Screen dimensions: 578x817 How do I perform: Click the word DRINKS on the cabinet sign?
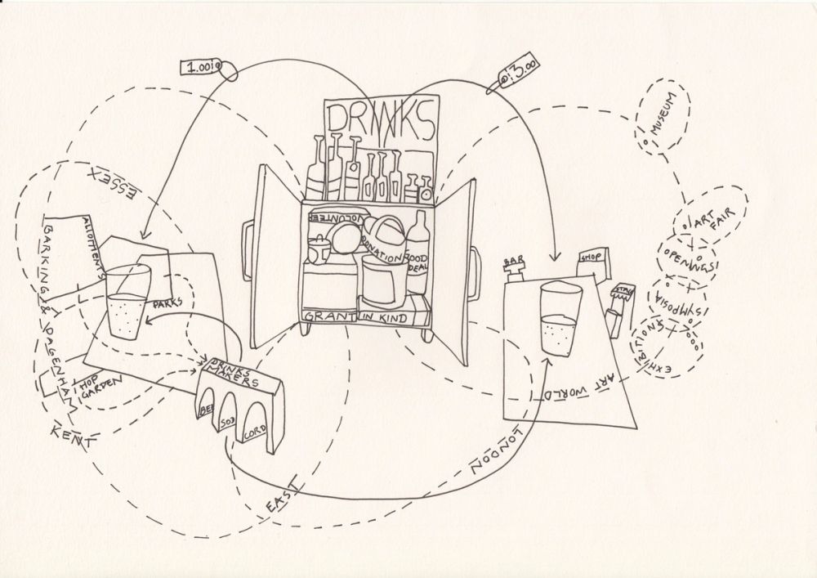point(382,121)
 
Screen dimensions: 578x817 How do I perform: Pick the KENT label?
point(71,436)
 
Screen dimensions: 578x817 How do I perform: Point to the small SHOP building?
point(590,262)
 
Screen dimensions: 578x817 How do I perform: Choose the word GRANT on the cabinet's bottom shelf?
point(328,316)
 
